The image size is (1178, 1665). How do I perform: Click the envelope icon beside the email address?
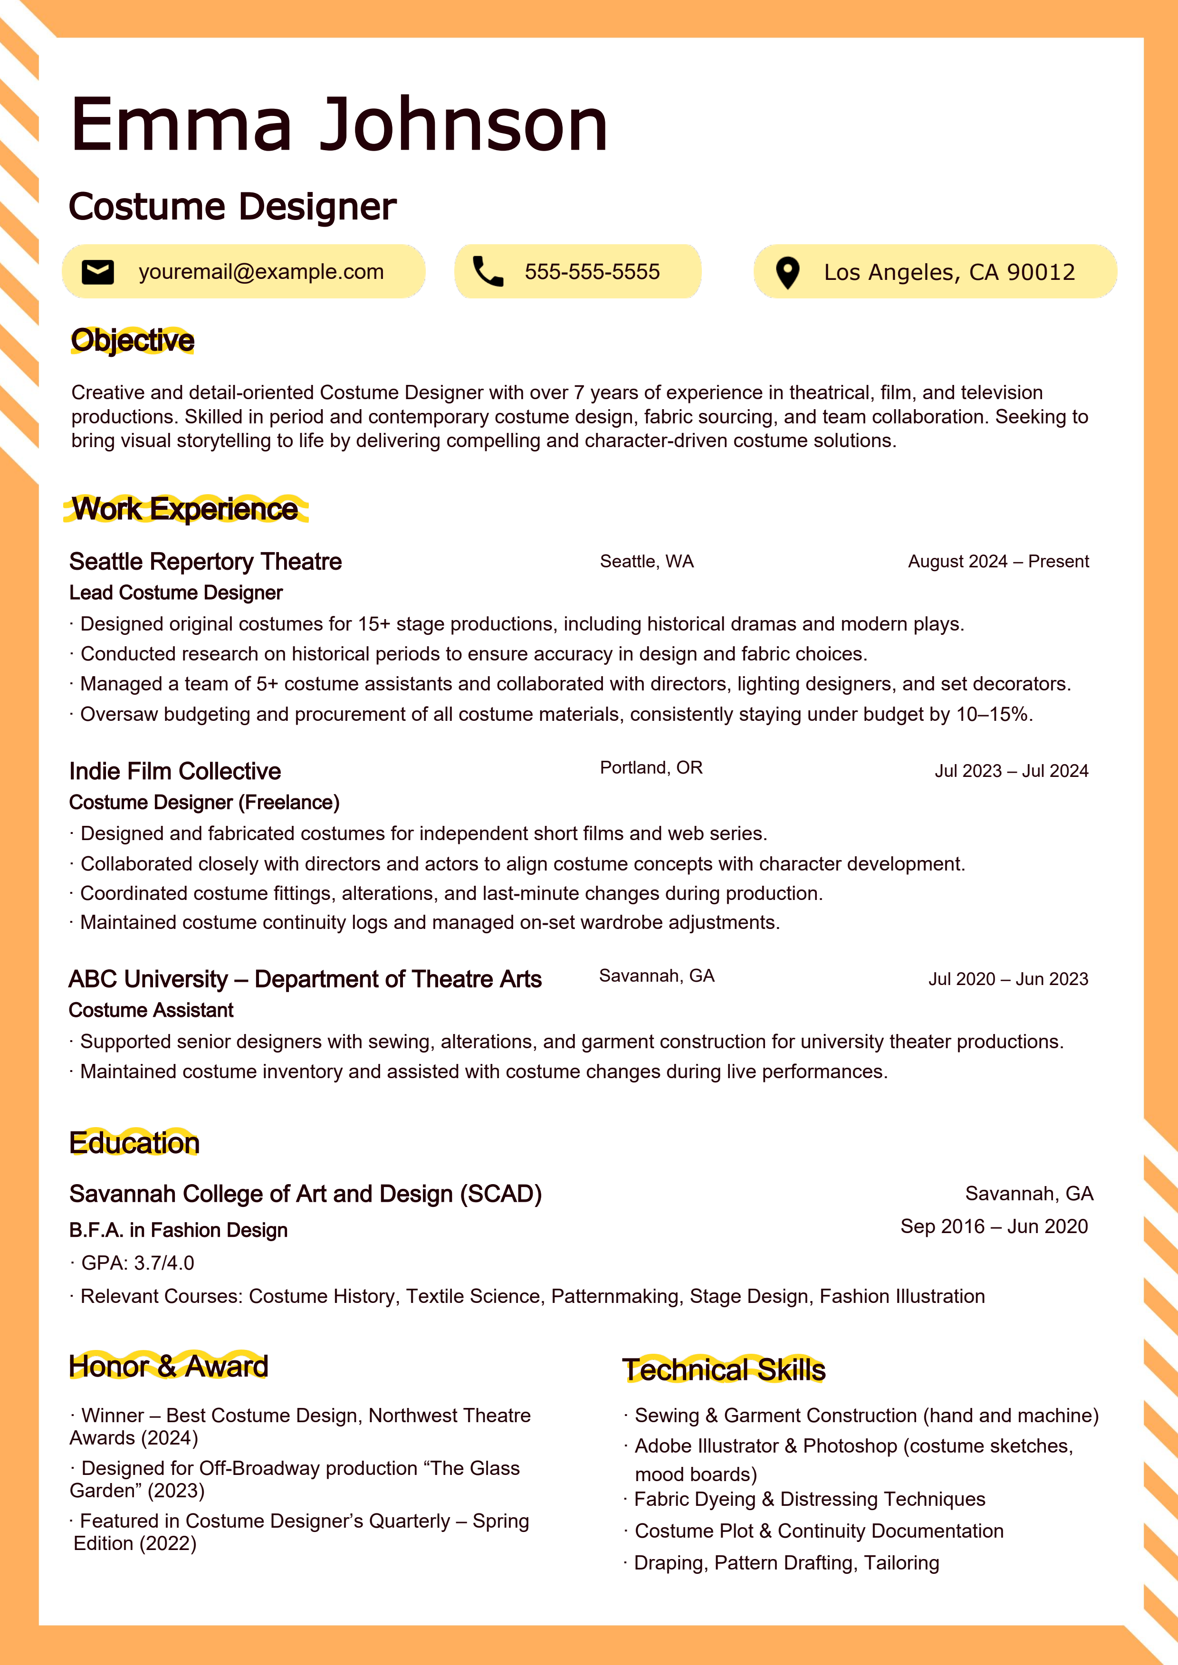coord(98,272)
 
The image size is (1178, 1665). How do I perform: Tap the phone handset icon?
coord(488,272)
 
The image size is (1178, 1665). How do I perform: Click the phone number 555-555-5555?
coord(592,272)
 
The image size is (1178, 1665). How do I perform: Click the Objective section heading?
coord(133,340)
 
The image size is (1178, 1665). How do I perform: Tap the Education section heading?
coord(134,1143)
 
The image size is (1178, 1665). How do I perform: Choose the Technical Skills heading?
coord(724,1370)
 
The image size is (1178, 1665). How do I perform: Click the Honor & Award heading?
coord(168,1366)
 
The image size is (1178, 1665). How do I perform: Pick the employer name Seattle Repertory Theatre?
coord(205,561)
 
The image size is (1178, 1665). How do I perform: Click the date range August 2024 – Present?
coord(998,561)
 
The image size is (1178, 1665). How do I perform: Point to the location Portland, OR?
coord(651,768)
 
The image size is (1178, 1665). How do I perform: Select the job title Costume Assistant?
coord(151,1010)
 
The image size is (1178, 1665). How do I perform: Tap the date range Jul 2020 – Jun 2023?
coord(1008,979)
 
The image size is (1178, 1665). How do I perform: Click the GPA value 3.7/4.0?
coord(164,1263)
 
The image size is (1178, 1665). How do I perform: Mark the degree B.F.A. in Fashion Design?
coord(179,1230)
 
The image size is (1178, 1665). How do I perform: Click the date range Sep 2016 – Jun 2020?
coord(994,1226)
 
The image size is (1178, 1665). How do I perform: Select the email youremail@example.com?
coord(261,272)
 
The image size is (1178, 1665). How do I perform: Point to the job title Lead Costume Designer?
coord(175,593)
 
